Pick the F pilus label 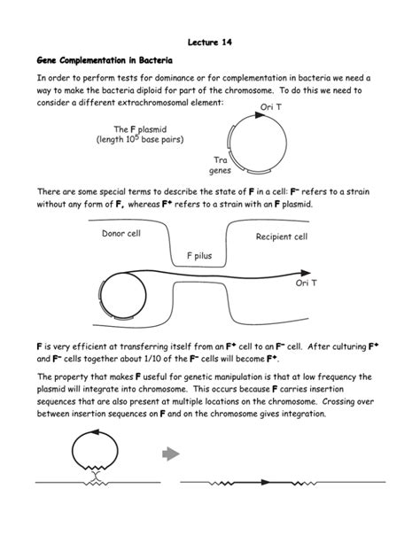(x=201, y=255)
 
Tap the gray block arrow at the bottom (x=169, y=455)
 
